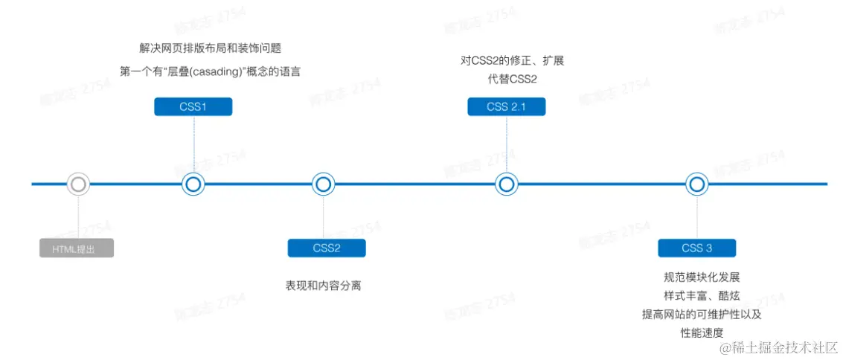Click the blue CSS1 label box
(x=193, y=107)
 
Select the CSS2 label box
(x=326, y=248)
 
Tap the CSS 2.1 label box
(x=506, y=107)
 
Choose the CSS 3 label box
(x=696, y=248)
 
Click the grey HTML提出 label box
(x=77, y=248)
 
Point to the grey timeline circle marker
(x=78, y=184)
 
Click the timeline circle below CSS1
(x=193, y=184)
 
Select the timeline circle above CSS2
(x=323, y=184)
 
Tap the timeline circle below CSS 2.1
(x=506, y=184)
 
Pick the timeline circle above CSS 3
(x=696, y=184)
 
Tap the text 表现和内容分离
(x=324, y=286)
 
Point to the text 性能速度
(x=702, y=332)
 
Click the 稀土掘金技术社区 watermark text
(x=783, y=347)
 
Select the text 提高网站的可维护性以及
(x=702, y=314)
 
